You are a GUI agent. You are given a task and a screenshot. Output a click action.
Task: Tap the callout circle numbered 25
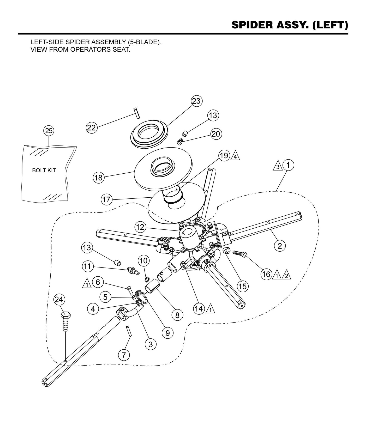coord(49,131)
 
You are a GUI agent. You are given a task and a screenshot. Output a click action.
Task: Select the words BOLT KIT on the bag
coord(44,171)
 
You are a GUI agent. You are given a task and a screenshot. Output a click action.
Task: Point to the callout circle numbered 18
coord(98,178)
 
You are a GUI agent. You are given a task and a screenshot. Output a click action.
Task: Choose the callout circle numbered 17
coord(106,200)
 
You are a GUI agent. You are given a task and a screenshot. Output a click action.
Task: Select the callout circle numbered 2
coord(280,246)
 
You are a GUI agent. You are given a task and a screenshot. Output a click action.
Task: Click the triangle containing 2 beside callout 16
coord(286,275)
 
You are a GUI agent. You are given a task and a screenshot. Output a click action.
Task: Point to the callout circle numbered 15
coord(242,286)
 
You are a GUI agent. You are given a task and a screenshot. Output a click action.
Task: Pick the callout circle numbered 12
coord(140,227)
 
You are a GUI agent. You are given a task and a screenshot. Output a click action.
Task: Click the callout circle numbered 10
coord(143,260)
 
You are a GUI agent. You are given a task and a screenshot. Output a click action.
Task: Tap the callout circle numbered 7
coord(124,355)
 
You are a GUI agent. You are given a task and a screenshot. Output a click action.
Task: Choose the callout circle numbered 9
coord(167,333)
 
